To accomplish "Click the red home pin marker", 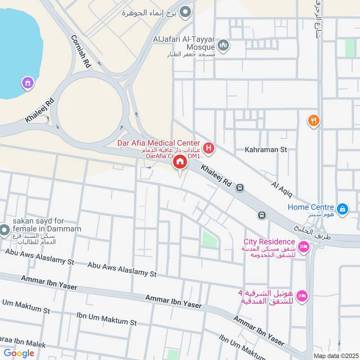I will pyautogui.click(x=180, y=162).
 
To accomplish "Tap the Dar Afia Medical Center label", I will pyautogui.click(x=158, y=143).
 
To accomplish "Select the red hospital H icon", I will pyautogui.click(x=208, y=147).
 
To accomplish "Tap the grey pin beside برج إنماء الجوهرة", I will pyautogui.click(x=184, y=12).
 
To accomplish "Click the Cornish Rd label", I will pyautogui.click(x=81, y=52).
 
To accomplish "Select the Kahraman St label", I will pyautogui.click(x=265, y=149).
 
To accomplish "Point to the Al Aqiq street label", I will pyautogui.click(x=282, y=189).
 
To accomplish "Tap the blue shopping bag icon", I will pyautogui.click(x=343, y=208).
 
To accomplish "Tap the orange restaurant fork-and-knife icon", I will pyautogui.click(x=314, y=120).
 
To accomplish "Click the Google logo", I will pyautogui.click(x=19, y=353).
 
